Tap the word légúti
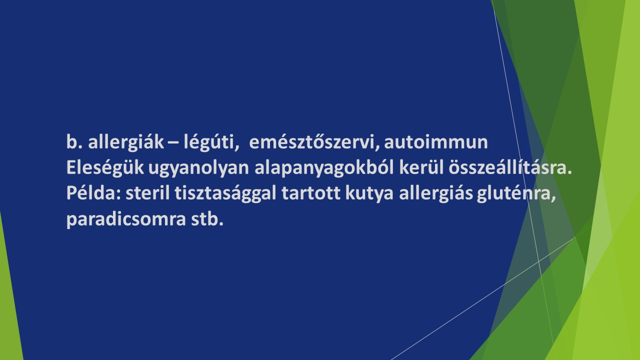pos(211,141)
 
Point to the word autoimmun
pos(435,142)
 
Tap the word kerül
pos(421,167)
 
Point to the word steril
pos(147,193)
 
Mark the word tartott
pos(311,193)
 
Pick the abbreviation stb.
pos(207,219)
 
